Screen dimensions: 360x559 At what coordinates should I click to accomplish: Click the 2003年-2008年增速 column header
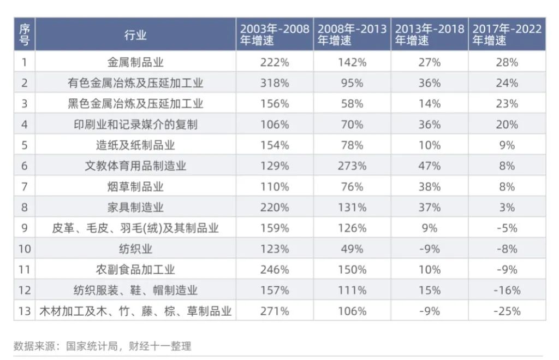coord(275,34)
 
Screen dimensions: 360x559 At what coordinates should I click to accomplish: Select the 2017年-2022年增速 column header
coord(507,34)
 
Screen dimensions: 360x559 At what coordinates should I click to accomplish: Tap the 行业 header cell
coord(135,35)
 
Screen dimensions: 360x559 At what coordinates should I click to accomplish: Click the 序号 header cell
coord(24,34)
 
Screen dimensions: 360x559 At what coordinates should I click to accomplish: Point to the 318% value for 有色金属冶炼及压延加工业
coord(275,83)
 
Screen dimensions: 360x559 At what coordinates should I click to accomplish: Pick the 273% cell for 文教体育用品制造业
coord(352,166)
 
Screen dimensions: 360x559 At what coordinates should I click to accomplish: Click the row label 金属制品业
coord(135,62)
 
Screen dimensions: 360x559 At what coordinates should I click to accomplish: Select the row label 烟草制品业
coord(135,187)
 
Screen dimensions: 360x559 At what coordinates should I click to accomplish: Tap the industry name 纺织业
coord(135,249)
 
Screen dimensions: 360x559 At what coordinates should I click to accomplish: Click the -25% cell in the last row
coord(507,311)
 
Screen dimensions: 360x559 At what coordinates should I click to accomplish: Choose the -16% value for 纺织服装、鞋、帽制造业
coord(507,291)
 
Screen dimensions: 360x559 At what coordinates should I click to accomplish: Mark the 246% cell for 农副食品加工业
coord(275,270)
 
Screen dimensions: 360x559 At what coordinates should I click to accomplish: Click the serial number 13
coord(24,311)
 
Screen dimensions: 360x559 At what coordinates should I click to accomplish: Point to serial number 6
coord(24,166)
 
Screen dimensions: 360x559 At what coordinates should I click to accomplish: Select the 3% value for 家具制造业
coord(507,208)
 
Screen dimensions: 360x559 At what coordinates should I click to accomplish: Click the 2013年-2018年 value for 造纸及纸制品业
coord(430,145)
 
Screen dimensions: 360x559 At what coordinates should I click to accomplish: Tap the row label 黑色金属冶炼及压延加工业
coord(135,104)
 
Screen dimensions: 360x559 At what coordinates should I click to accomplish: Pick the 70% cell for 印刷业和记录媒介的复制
coord(352,125)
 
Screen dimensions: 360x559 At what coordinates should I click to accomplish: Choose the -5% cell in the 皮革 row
coord(507,228)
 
